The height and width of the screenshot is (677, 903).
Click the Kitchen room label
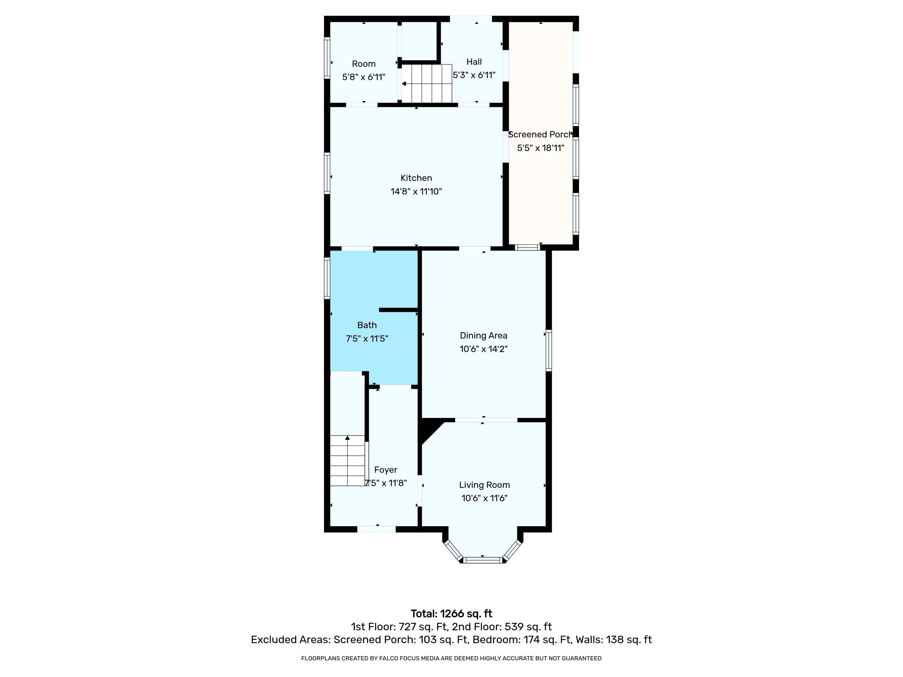pos(416,178)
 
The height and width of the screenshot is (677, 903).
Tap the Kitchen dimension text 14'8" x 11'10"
pos(416,191)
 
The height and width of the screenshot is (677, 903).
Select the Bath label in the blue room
pos(367,325)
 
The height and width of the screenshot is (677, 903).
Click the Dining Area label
pos(483,335)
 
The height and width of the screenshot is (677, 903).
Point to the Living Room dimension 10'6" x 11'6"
pos(484,498)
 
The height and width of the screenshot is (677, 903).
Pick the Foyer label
pos(385,470)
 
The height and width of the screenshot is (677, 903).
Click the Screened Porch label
pos(540,135)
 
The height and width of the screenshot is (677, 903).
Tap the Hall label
pos(474,62)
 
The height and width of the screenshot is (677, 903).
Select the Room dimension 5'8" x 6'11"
pos(363,77)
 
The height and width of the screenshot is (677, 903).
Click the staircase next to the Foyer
pos(347,460)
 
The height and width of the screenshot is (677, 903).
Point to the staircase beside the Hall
pos(427,84)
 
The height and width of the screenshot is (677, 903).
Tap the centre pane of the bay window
pos(483,560)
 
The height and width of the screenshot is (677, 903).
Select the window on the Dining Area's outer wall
pos(549,350)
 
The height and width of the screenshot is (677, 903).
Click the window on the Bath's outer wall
pos(327,278)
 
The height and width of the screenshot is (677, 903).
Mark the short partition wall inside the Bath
pos(399,310)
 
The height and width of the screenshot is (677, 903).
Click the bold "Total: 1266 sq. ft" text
pos(451,614)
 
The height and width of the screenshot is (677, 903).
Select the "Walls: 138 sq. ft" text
pos(613,640)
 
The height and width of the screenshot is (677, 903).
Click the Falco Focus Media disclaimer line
pos(451,658)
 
